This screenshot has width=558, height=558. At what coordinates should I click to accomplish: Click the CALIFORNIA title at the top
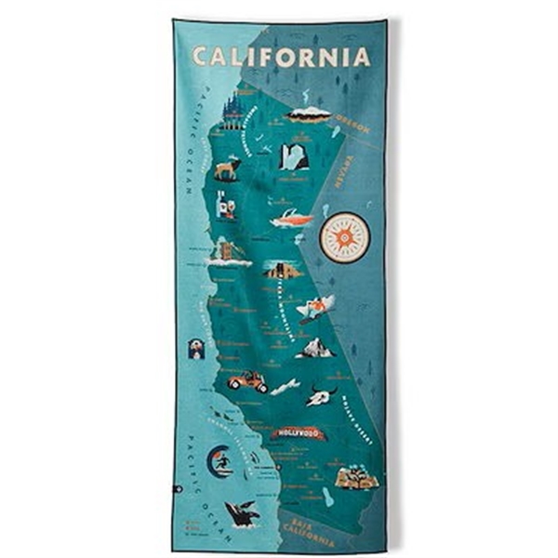tap(280, 57)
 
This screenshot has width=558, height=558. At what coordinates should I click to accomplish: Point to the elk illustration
tap(226, 168)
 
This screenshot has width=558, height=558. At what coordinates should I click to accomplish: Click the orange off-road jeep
tap(247, 380)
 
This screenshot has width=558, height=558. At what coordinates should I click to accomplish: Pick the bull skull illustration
tap(318, 395)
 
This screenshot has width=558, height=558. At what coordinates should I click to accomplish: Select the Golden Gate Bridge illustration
tap(228, 251)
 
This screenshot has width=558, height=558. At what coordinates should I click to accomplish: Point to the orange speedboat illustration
tap(291, 220)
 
